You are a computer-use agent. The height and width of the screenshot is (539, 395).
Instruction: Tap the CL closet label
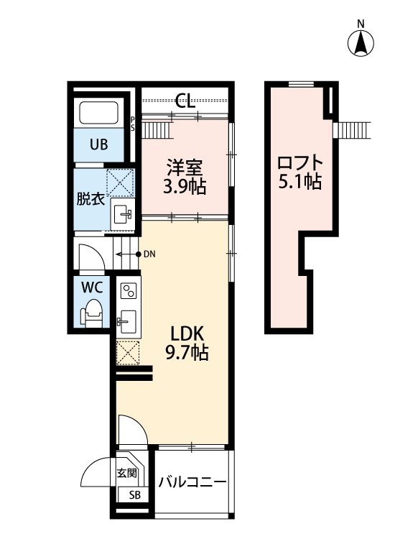(x=185, y=101)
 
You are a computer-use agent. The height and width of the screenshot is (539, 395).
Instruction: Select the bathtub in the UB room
(x=99, y=112)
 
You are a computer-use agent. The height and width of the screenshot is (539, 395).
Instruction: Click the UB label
(x=99, y=144)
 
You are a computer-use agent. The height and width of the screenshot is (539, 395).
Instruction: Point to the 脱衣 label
(x=90, y=198)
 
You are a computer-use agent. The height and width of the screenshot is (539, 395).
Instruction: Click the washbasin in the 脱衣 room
(x=122, y=214)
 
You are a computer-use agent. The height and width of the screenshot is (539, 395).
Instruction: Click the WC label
(x=92, y=287)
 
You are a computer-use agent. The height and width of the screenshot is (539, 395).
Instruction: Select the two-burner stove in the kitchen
(x=129, y=290)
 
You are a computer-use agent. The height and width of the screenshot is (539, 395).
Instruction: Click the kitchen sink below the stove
(x=127, y=321)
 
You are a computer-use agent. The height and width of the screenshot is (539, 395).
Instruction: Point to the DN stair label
(x=149, y=254)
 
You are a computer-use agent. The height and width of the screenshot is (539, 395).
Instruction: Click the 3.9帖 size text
(x=185, y=187)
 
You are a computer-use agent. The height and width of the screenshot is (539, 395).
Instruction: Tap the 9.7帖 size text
(x=187, y=352)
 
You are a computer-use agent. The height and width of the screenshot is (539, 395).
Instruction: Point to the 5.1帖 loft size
(x=300, y=182)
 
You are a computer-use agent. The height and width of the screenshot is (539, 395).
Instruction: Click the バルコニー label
(x=192, y=482)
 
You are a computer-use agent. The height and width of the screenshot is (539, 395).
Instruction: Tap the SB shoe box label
(x=135, y=495)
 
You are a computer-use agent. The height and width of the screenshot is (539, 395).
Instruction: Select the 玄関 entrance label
(x=126, y=473)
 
